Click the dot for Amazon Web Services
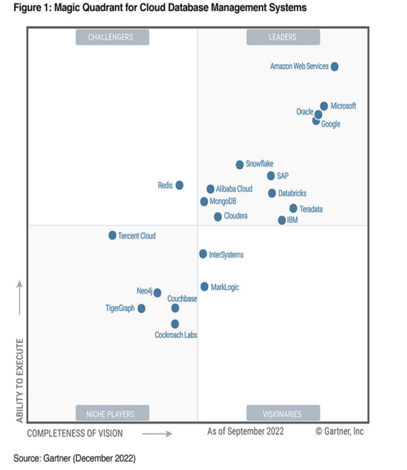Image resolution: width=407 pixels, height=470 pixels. point(334,67)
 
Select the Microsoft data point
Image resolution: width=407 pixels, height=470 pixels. point(324,106)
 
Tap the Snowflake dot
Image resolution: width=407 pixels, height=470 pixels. point(240,165)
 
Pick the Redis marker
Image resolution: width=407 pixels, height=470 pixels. point(179,185)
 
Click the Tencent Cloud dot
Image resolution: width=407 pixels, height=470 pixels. point(112,235)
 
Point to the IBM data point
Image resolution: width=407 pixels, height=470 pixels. point(282,220)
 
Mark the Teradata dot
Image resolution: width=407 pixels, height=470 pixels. point(293,208)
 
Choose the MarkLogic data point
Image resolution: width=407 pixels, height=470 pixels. point(204,287)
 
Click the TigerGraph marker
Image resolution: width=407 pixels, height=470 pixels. point(141,309)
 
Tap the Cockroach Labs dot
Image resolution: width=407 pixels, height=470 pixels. point(175,324)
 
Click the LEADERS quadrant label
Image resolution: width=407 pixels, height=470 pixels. point(283,37)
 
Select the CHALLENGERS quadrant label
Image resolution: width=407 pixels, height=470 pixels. point(110,37)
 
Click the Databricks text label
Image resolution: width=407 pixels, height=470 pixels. point(292,194)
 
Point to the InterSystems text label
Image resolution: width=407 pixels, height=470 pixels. point(226,255)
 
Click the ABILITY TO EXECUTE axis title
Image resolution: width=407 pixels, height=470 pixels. point(20,381)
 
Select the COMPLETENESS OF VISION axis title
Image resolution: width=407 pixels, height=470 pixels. point(75,433)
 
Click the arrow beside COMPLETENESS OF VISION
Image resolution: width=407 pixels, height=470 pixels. point(157,434)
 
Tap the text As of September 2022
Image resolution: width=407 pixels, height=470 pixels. point(246,431)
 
